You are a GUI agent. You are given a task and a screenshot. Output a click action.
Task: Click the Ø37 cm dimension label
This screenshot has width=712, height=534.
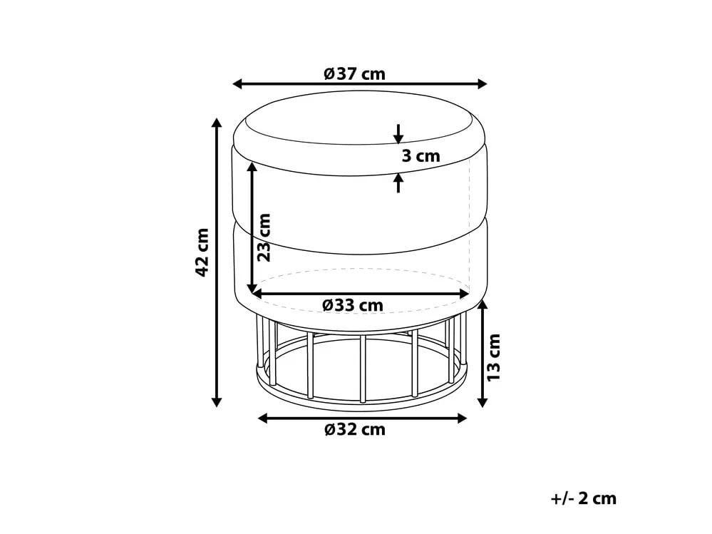pyautogui.click(x=354, y=73)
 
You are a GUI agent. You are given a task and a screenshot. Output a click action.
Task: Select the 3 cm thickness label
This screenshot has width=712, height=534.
pyautogui.click(x=420, y=155)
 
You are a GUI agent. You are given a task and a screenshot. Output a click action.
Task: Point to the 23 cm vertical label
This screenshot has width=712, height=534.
pyautogui.click(x=263, y=237)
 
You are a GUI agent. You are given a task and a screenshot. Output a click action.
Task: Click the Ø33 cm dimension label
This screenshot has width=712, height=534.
pyautogui.click(x=352, y=305)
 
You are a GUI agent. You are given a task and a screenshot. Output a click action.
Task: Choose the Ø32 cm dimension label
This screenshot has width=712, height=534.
pyautogui.click(x=354, y=429)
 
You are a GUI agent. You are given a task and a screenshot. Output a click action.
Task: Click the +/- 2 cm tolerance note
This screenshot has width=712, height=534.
pyautogui.click(x=583, y=498)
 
